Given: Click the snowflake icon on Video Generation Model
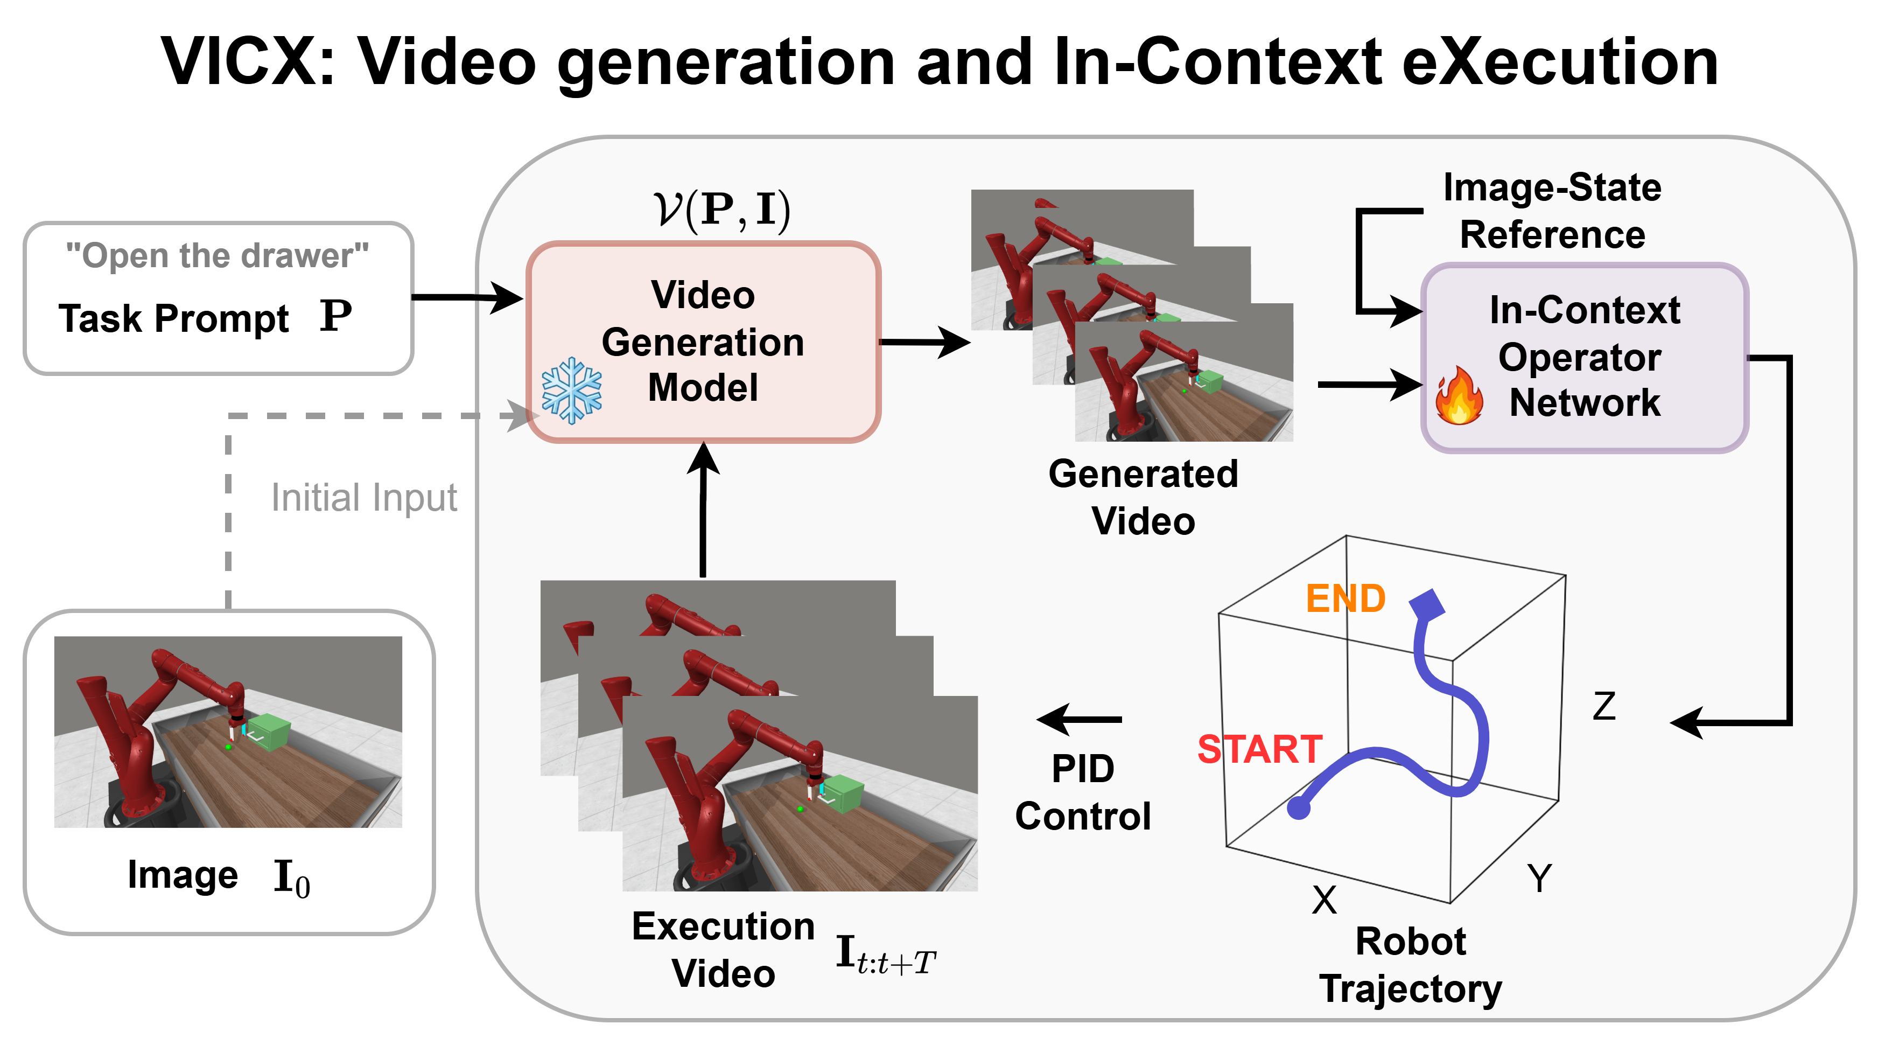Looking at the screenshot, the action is (x=572, y=391).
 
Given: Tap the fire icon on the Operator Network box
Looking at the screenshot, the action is (x=1459, y=395).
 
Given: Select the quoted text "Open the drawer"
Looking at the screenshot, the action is (x=218, y=255).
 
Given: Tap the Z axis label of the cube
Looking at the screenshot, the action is (x=1604, y=706).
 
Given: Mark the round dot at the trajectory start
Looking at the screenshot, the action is (x=1299, y=807).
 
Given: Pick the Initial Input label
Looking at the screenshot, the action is (x=364, y=498).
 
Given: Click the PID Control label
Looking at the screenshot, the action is (x=1083, y=792).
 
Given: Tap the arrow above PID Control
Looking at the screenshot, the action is (x=1080, y=719).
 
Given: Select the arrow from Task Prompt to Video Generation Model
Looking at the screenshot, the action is (x=467, y=297).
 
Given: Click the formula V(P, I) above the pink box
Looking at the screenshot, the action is (x=721, y=211).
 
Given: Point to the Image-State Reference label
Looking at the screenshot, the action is (x=1552, y=211).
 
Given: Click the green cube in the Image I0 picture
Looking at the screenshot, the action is (x=269, y=731).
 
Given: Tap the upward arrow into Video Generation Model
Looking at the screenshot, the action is (x=704, y=509).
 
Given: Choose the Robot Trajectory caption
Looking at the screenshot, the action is (x=1411, y=965).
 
